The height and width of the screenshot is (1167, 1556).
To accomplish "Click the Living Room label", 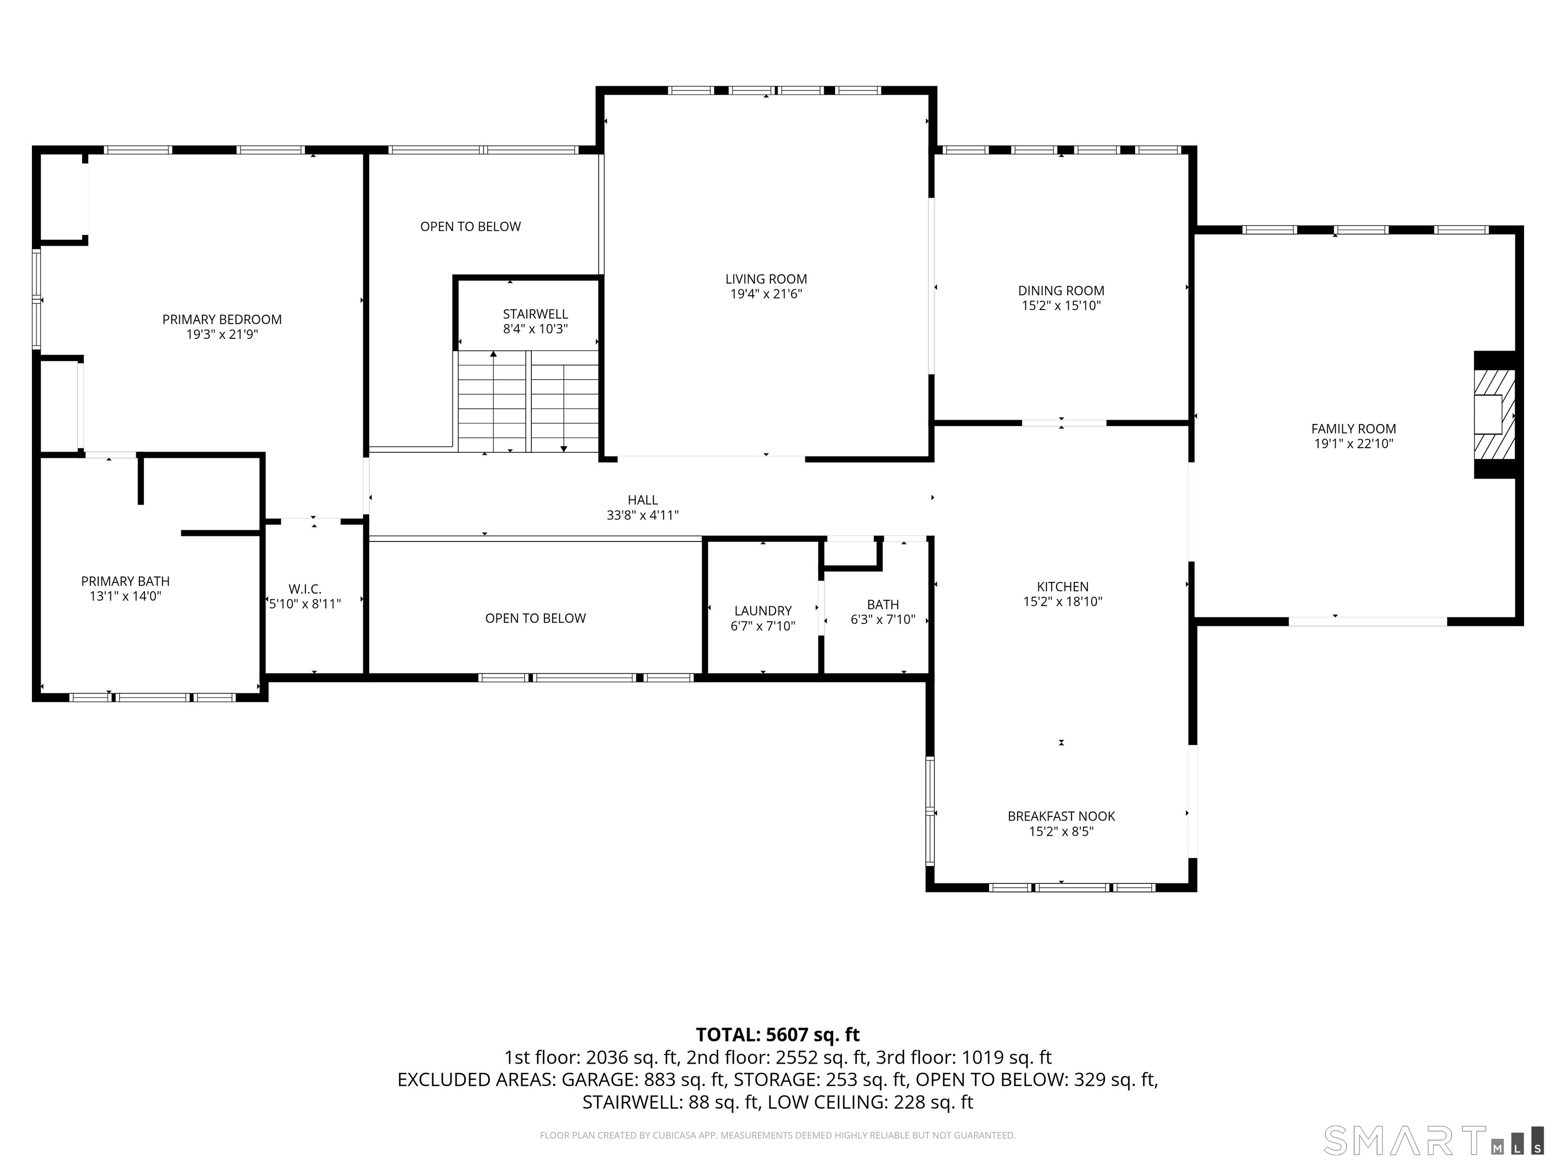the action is [766, 279].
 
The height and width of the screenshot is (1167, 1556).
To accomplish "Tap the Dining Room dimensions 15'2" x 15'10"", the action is [1061, 305].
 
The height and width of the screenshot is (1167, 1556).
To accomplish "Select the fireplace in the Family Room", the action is [1495, 414].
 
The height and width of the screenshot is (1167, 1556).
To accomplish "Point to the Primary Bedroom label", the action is [221, 320].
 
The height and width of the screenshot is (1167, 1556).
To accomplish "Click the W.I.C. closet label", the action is [304, 589].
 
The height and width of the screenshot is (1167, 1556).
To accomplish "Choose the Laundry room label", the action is [763, 610].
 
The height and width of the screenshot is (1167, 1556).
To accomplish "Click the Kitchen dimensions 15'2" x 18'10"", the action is [1062, 601].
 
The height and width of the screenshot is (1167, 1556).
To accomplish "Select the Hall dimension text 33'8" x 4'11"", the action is [642, 515].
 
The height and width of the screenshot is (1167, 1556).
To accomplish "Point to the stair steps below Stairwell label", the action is [528, 401].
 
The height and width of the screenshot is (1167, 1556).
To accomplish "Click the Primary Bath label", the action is [125, 581].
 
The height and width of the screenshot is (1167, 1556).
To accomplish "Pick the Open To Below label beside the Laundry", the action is [535, 618].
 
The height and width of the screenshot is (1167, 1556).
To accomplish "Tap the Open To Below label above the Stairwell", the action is [471, 226].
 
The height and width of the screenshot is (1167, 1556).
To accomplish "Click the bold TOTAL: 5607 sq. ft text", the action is [777, 1035].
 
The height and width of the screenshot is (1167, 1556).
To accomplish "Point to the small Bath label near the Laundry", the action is [883, 604].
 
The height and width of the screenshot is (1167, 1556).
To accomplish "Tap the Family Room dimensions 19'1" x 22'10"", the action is [1353, 444].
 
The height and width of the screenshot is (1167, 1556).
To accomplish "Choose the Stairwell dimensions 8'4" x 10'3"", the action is [535, 329].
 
